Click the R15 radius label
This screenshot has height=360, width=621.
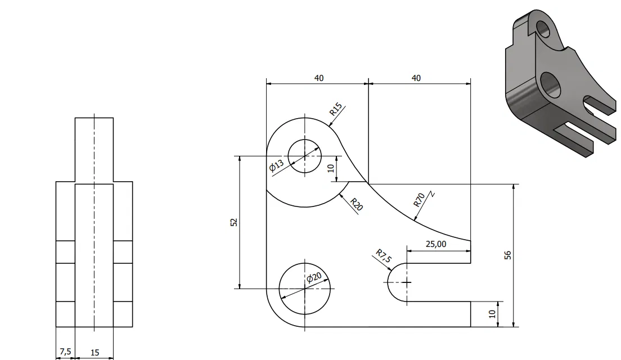(335, 109)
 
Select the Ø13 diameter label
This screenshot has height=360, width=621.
(276, 165)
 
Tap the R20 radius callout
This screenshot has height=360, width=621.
(357, 204)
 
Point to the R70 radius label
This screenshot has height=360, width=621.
(419, 200)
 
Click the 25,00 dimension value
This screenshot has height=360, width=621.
(435, 244)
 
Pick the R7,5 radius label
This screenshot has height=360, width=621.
(384, 256)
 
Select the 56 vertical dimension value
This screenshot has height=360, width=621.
(507, 255)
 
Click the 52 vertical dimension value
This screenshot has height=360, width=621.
(234, 222)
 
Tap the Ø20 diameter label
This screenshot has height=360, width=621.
(314, 277)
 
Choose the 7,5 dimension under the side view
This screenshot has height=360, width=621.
(65, 352)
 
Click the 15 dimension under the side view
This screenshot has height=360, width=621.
(94, 353)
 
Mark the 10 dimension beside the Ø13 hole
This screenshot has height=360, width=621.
(331, 168)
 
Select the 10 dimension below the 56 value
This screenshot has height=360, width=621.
(492, 314)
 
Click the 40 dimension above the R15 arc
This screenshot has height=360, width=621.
(319, 78)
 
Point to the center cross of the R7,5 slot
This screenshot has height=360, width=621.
(407, 282)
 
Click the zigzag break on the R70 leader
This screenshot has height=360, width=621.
(431, 194)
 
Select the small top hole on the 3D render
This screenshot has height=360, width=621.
(543, 28)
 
